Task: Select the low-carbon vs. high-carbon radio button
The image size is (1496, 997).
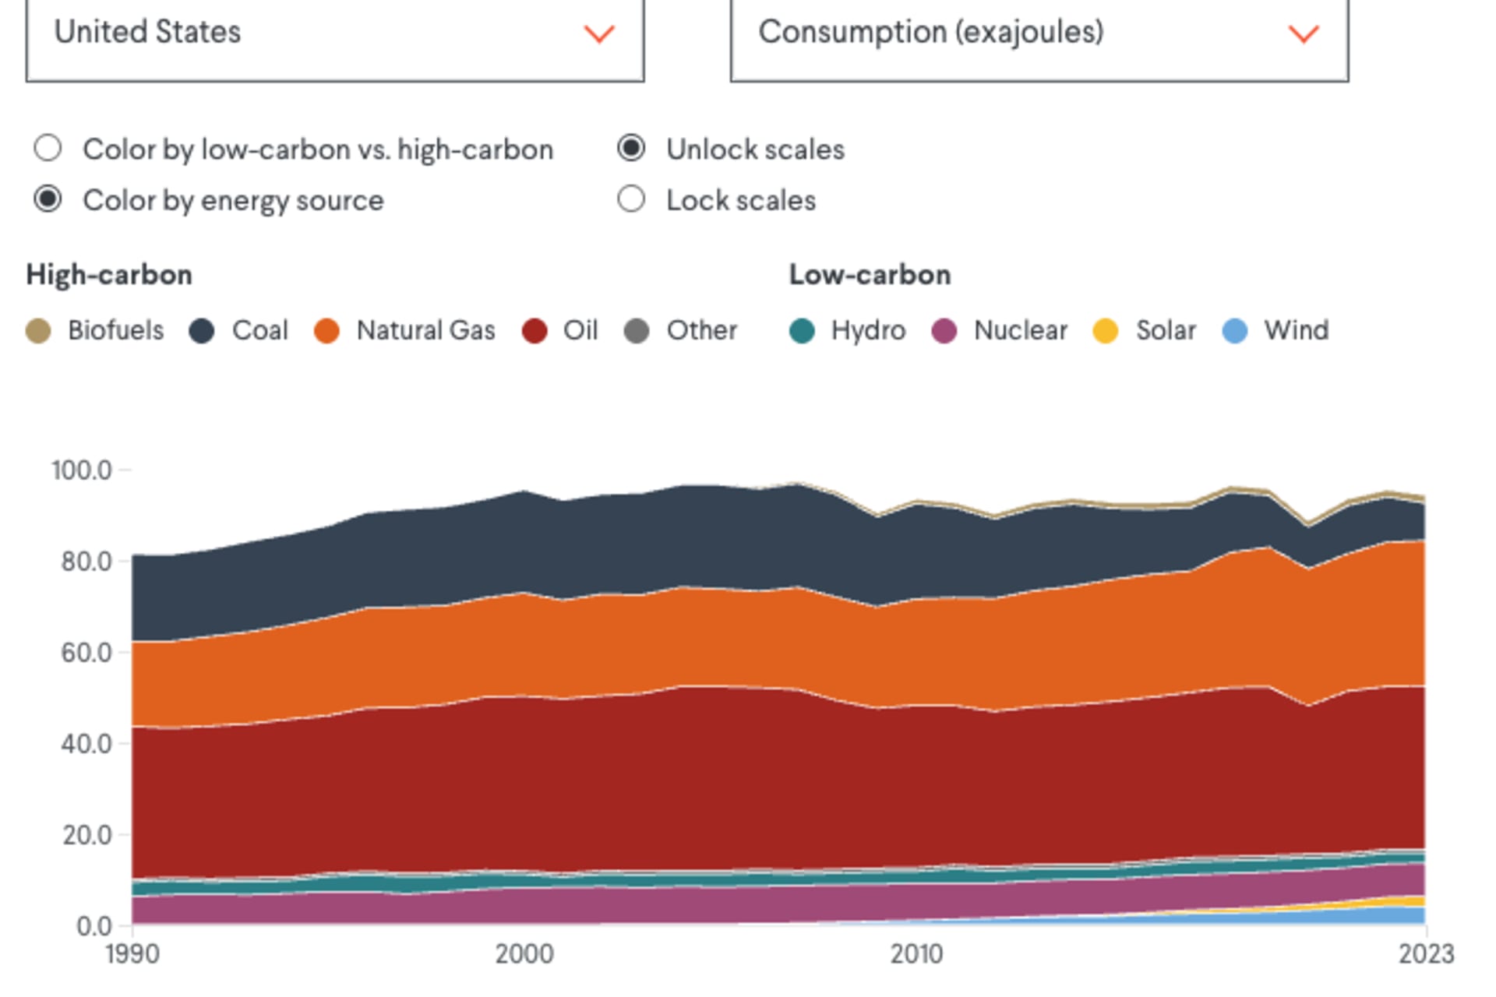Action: (x=48, y=148)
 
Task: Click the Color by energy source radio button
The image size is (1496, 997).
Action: (x=48, y=199)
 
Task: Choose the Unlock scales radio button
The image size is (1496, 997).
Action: (x=631, y=148)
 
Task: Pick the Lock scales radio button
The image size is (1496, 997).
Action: (x=631, y=199)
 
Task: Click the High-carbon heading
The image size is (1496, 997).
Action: (x=109, y=275)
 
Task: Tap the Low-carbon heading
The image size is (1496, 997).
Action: (x=870, y=275)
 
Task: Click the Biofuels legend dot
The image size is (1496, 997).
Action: (x=38, y=331)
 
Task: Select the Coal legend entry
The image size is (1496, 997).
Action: (x=240, y=331)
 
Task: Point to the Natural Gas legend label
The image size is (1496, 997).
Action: (x=425, y=331)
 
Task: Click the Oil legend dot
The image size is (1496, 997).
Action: (x=535, y=331)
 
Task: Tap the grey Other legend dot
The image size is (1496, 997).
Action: (x=637, y=331)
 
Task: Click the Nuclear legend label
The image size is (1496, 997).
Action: (x=1020, y=331)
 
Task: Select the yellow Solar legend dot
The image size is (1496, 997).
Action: (x=1106, y=331)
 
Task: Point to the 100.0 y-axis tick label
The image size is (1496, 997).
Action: (x=82, y=470)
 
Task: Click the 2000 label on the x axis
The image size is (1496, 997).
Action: (x=524, y=954)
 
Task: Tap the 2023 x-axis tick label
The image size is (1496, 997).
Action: (x=1426, y=954)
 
